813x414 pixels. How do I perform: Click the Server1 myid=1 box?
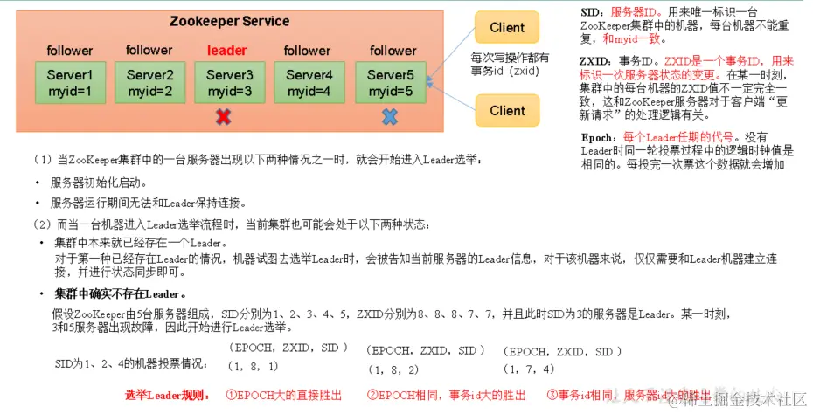(x=70, y=83)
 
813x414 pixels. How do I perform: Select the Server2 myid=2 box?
(x=149, y=83)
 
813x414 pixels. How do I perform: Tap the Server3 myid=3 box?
(x=229, y=83)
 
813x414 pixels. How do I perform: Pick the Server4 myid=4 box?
(x=309, y=83)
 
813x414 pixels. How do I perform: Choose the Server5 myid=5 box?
(x=390, y=83)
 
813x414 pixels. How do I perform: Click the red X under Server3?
(x=225, y=117)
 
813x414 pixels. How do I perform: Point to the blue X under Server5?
(x=390, y=117)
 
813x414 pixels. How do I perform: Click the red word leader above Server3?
(x=227, y=51)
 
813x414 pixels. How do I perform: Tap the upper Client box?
(x=507, y=28)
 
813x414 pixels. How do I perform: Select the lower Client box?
(x=507, y=110)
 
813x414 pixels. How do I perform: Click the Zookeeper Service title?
(x=229, y=22)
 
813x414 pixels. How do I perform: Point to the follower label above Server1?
(x=70, y=51)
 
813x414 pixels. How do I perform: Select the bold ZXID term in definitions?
(x=595, y=62)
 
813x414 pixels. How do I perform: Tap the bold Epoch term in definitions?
(x=598, y=138)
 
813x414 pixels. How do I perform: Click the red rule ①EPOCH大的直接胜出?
(x=283, y=396)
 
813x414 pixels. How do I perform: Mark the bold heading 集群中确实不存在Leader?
(x=121, y=293)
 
